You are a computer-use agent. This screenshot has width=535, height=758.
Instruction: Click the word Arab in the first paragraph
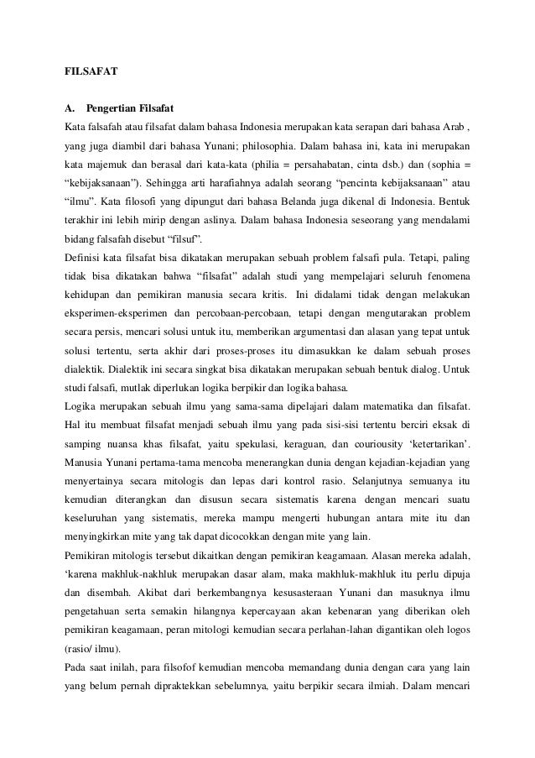point(451,128)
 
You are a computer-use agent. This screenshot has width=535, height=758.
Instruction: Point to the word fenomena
point(443,276)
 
